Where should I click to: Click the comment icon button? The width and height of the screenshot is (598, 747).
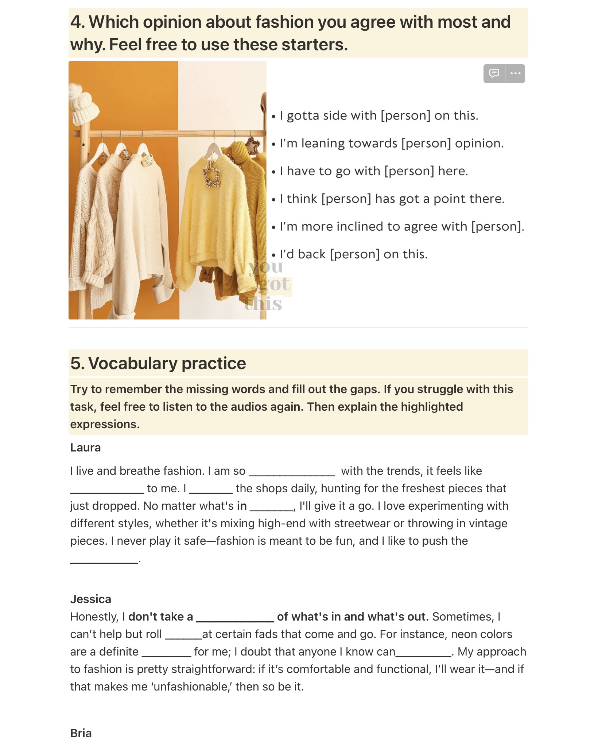[494, 74]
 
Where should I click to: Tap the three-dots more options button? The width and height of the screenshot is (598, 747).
[515, 74]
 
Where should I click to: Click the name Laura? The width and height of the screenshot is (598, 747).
[85, 447]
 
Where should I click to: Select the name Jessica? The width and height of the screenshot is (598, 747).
[90, 599]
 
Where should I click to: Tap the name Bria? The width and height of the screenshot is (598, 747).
[81, 733]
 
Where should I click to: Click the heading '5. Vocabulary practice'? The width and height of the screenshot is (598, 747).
[158, 363]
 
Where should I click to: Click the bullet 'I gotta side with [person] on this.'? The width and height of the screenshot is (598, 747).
[378, 116]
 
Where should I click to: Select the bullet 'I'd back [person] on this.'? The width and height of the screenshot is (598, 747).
[353, 254]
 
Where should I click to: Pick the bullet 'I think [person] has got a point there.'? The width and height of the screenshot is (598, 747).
[392, 199]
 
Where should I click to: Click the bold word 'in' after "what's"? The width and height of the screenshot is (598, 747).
[242, 506]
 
